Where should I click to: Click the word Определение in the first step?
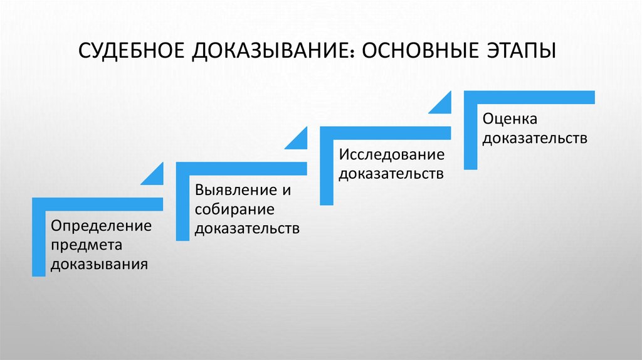tap(102, 225)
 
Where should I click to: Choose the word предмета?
tap(87, 245)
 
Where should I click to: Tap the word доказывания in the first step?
tap(100, 263)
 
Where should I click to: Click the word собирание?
tap(234, 209)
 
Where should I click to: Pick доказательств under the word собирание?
tap(246, 228)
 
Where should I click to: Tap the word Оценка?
tap(510, 118)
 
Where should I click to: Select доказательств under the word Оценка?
tap(535, 137)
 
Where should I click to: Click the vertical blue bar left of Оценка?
tap(470, 135)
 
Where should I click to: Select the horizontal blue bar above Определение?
tap(97, 204)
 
